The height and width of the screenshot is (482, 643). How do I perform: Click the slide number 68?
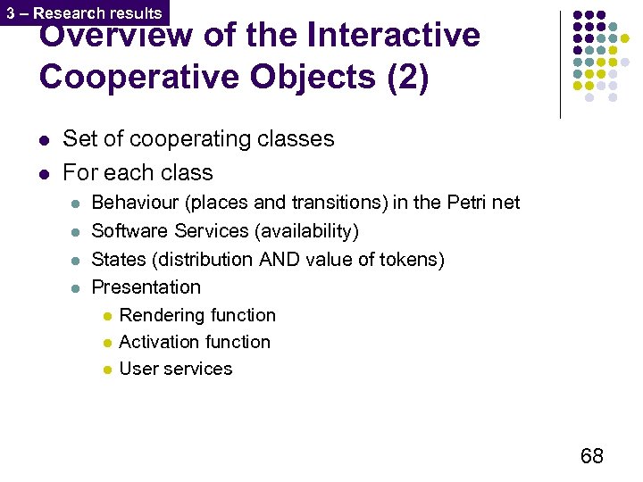[x=591, y=456]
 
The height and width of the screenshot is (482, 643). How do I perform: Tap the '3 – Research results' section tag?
[x=84, y=13]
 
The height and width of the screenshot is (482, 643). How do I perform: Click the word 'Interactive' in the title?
[x=393, y=37]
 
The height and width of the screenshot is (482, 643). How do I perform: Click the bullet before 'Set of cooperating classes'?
[x=44, y=139]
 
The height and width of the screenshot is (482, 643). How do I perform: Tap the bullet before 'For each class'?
[x=44, y=172]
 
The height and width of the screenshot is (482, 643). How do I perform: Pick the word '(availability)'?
[x=306, y=231]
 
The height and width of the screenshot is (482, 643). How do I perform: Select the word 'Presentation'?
[x=146, y=287]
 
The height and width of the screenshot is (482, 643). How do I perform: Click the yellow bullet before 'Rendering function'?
[x=106, y=316]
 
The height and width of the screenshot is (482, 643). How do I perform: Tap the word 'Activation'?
[x=157, y=342]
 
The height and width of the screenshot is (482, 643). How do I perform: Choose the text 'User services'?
[x=175, y=369]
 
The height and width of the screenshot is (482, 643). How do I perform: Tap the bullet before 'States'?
[x=76, y=260]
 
